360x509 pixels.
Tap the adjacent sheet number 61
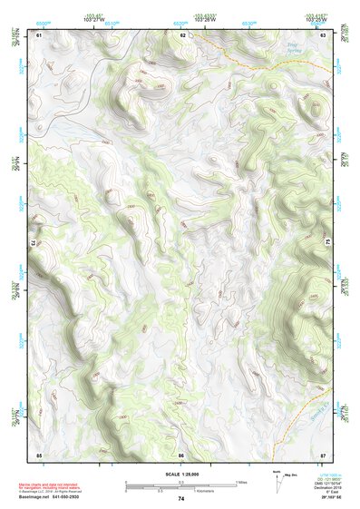pos(38,34)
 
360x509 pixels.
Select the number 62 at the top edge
pos(182,34)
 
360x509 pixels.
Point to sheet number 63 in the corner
pos(324,34)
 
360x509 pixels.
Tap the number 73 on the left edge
pos(33,243)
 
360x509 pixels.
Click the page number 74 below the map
pos(181,499)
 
